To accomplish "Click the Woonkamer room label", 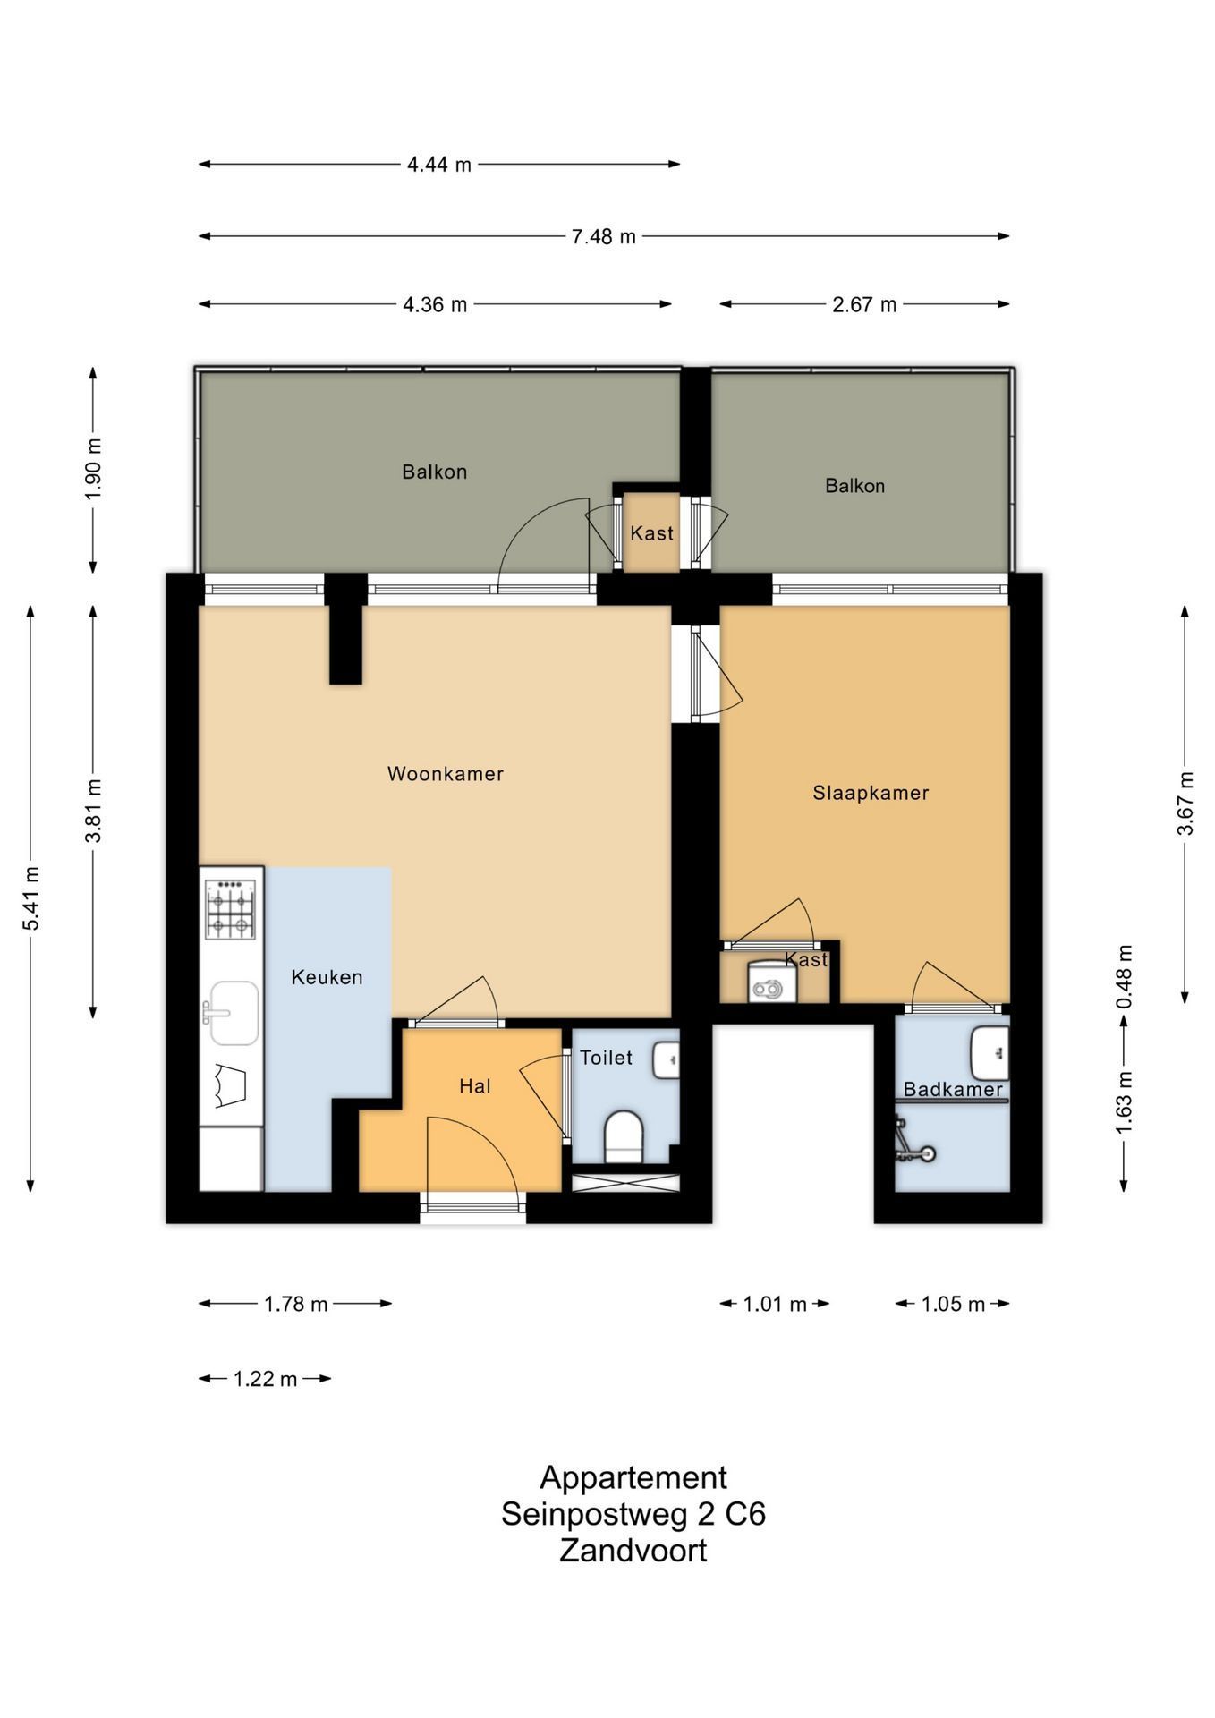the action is point(445,774).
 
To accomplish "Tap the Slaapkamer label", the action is point(871,793).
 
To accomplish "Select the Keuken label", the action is point(327,977).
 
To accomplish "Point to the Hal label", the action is point(475,1086).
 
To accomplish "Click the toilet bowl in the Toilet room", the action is point(624,1135).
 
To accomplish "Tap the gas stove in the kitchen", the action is point(230,909).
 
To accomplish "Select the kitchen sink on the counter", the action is point(233,1012).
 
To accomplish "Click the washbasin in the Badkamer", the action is point(990,1053).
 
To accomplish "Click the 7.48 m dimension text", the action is point(604,236).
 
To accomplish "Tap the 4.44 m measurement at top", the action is point(439,165).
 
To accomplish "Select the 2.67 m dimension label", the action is point(864,304).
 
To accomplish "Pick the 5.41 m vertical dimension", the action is point(31,897).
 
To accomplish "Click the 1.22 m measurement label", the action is point(265,1379).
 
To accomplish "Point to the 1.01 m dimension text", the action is point(775,1304).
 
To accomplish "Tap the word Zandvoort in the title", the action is point(633,1551).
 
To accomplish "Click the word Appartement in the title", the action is point(633,1477).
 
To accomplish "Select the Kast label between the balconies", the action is point(651,533).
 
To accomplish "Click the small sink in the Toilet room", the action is point(667,1059).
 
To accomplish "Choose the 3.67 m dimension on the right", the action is point(1185,804).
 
